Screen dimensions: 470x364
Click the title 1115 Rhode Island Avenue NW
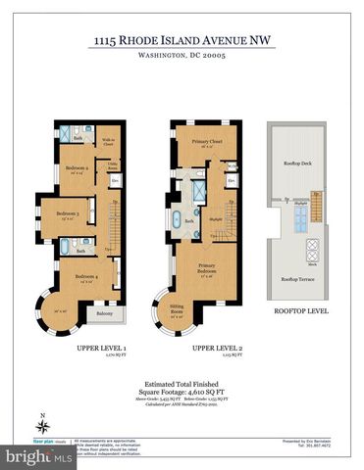[181, 41]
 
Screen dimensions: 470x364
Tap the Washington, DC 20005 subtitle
[181, 57]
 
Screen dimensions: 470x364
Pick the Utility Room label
[113, 164]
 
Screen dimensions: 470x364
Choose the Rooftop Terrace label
[296, 279]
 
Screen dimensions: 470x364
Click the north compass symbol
[42, 425]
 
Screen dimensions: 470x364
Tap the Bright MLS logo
[29, 455]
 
